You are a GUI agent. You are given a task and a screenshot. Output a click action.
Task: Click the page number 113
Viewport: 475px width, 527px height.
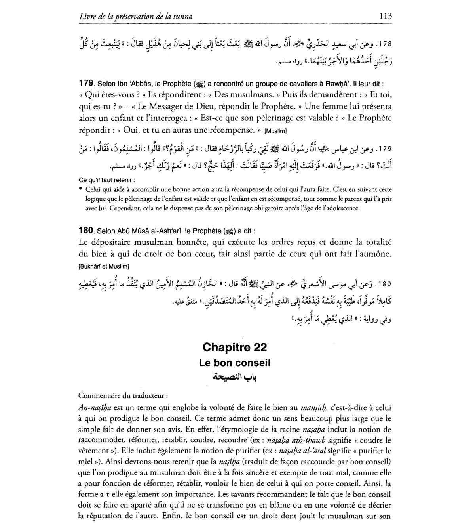385,16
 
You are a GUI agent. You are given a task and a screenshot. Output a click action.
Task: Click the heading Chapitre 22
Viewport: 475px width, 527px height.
235,347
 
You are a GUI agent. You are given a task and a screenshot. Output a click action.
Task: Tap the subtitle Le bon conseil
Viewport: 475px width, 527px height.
235,363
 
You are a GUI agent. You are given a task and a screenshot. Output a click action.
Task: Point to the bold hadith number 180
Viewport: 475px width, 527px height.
85,230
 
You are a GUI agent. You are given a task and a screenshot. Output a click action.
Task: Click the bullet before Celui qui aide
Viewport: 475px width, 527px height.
81,189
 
